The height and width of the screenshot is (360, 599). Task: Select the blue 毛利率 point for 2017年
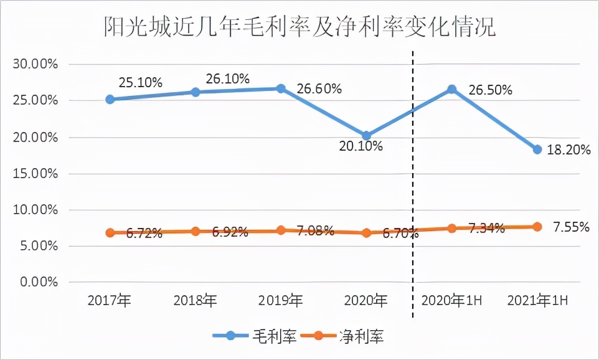coord(110,99)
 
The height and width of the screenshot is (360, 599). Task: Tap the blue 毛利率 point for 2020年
coord(366,136)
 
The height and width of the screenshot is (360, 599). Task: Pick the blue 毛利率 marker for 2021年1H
coord(537,149)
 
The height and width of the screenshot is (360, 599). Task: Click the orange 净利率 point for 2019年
coord(281,230)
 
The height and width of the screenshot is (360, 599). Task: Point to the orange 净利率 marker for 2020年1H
coord(452,228)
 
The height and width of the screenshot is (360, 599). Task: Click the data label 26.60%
coord(319,89)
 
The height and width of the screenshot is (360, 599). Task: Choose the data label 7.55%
coord(570,227)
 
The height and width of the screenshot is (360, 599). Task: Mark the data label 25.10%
coord(140,82)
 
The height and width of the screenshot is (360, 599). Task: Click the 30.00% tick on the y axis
coord(34,64)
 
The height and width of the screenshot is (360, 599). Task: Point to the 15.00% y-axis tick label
coord(34,173)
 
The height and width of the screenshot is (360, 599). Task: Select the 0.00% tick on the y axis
coord(37,282)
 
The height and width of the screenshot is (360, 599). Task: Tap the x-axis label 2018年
coord(196,301)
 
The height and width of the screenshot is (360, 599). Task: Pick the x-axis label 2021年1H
coord(537,301)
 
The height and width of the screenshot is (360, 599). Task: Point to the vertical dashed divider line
coord(413,187)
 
